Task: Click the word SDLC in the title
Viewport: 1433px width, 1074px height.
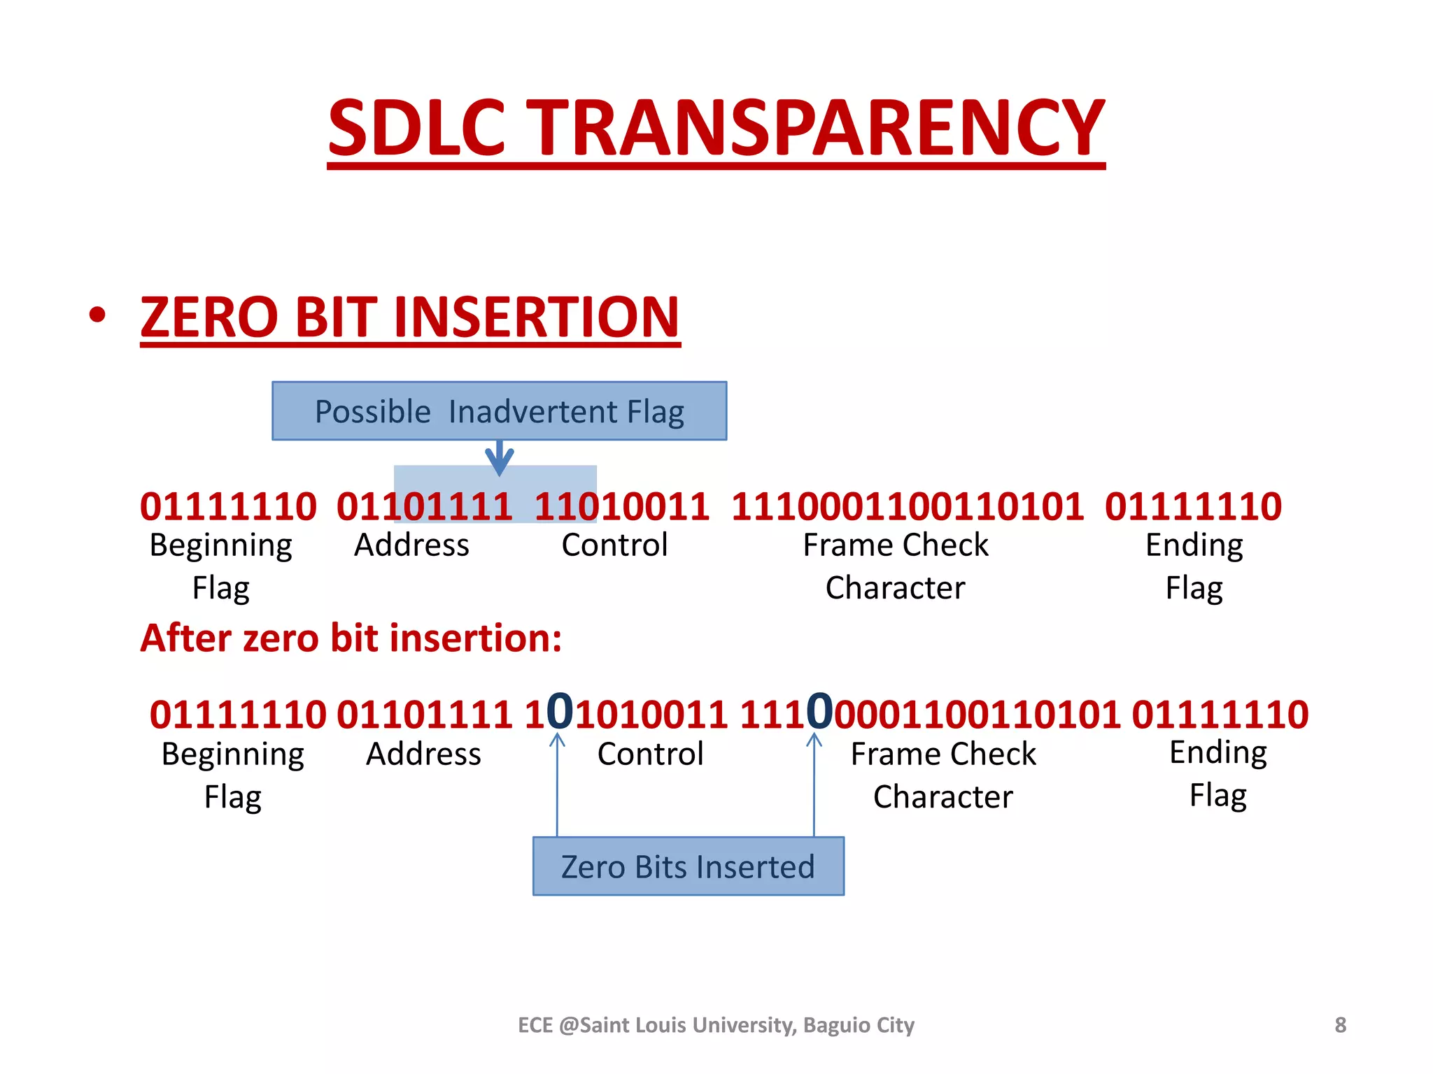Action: (416, 127)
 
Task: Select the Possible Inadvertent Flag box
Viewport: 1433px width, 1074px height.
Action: (499, 411)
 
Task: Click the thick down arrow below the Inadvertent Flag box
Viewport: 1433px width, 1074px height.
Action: (499, 458)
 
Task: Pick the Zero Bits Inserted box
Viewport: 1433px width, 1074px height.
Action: (688, 866)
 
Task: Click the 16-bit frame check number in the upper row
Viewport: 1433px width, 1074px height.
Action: (908, 506)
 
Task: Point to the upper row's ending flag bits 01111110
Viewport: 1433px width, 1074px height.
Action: (1193, 506)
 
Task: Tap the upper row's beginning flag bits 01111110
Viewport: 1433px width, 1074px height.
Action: (228, 506)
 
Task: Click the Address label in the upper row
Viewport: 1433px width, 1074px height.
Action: (411, 545)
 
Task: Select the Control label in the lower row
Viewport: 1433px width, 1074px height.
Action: (650, 754)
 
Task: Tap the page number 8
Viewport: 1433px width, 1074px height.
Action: (1340, 1025)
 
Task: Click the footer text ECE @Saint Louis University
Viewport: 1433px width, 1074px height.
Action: (716, 1025)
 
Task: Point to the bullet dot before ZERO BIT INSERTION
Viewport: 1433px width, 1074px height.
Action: (97, 315)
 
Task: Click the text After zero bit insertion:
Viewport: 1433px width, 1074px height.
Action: (351, 638)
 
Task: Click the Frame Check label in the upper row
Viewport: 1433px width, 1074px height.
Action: (896, 545)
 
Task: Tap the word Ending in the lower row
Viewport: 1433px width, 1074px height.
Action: (1218, 753)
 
